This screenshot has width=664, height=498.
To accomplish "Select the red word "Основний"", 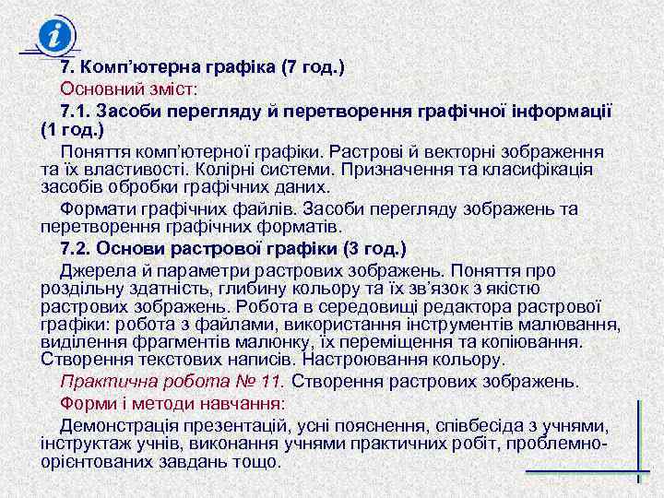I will pyautogui.click(x=102, y=89).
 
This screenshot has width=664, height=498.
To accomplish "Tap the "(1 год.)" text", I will pyautogui.click(x=72, y=130).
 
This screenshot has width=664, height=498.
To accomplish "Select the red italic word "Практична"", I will pyautogui.click(x=103, y=380).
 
